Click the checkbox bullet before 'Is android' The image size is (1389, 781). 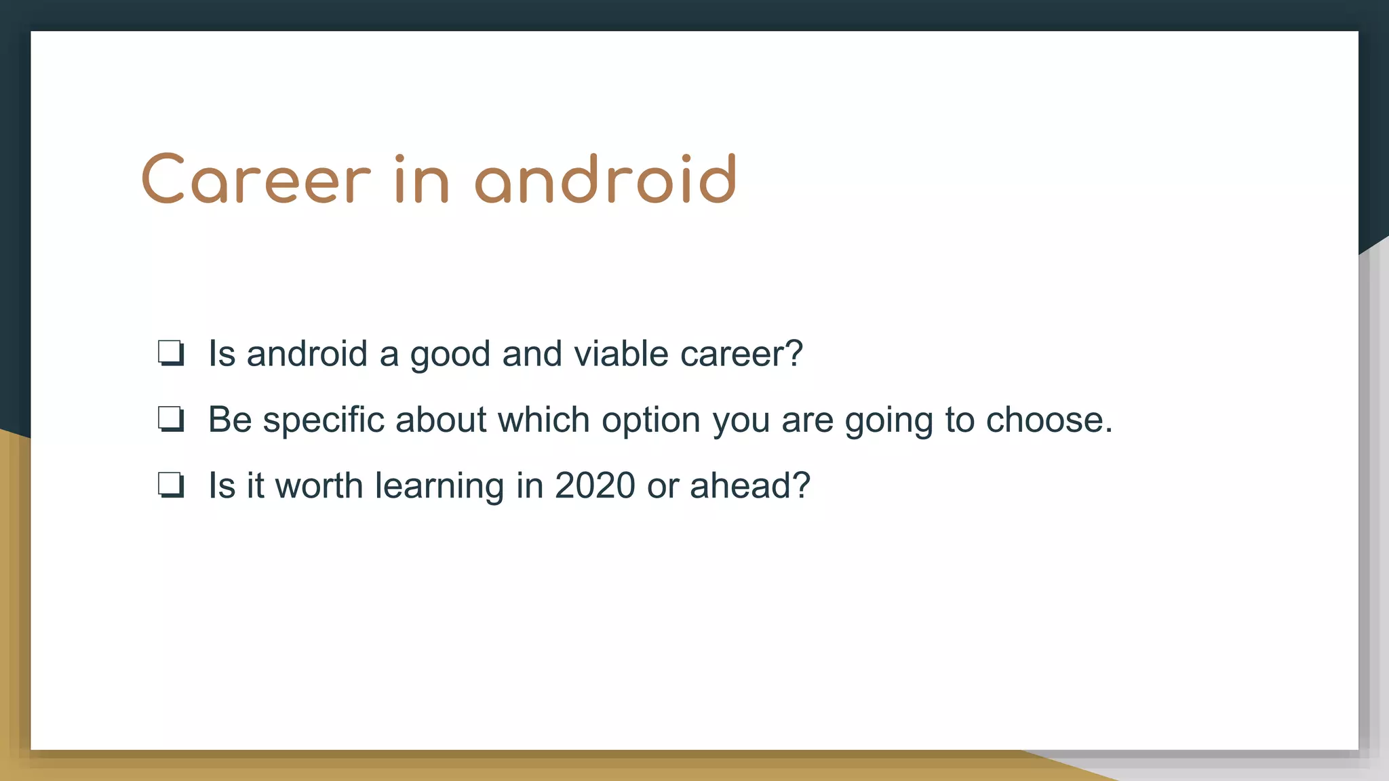click(171, 353)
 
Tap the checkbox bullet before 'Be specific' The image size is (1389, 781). click(171, 419)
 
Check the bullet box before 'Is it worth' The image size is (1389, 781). click(171, 485)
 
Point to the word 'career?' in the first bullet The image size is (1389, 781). click(741, 353)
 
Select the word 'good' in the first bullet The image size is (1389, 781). click(450, 355)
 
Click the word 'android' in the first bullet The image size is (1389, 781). click(307, 353)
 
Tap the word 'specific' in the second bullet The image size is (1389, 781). click(324, 420)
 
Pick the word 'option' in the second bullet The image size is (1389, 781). click(650, 420)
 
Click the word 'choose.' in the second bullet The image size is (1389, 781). click(1049, 420)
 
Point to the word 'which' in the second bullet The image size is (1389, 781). click(543, 419)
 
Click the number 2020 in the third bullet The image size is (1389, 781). click(595, 485)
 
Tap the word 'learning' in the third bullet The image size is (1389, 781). click(439, 486)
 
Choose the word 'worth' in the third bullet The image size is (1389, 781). click(319, 485)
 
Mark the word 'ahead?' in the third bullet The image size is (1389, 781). click(750, 485)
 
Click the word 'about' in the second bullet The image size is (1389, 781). click(441, 419)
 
